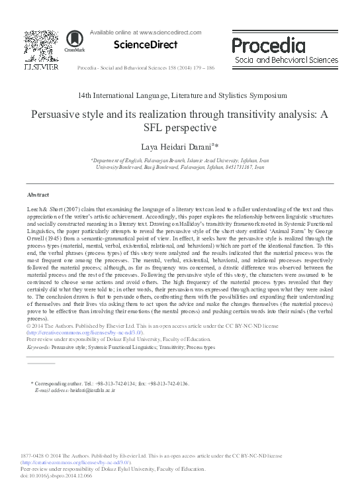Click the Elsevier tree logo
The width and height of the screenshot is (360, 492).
[41, 46]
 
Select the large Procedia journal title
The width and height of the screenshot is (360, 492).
[268, 45]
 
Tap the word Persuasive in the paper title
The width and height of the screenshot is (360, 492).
[58, 112]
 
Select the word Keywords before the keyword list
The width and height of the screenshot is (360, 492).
[38, 347]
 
